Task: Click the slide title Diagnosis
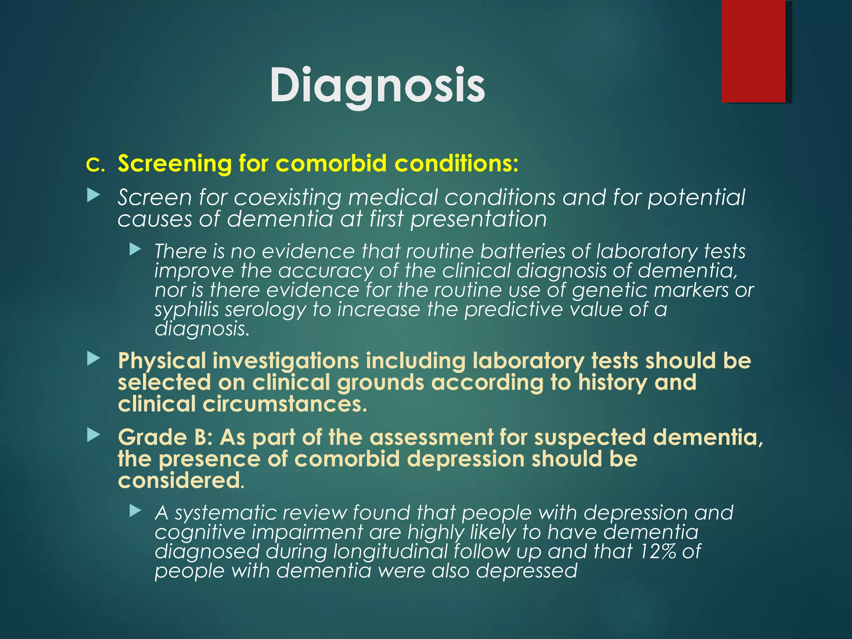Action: [x=377, y=85]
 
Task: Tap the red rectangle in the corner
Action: [x=753, y=51]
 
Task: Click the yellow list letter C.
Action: [x=95, y=165]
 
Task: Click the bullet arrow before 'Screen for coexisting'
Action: [x=94, y=196]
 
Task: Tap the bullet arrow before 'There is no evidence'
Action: [x=135, y=250]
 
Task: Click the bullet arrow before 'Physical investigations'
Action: [x=94, y=359]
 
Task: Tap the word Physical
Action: [x=162, y=361]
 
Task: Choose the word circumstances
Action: [x=285, y=404]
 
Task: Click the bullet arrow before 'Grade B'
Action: [x=94, y=436]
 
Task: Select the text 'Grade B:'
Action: [x=165, y=438]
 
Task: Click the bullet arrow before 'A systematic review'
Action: [x=135, y=510]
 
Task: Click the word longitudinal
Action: [x=389, y=552]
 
